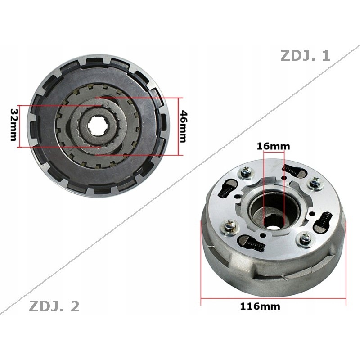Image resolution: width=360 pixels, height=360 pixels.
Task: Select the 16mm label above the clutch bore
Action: click(x=273, y=146)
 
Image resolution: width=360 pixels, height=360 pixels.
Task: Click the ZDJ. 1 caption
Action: click(x=305, y=55)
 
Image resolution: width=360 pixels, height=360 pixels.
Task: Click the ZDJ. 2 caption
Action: click(x=54, y=306)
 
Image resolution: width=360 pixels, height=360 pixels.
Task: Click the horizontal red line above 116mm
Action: click(x=273, y=298)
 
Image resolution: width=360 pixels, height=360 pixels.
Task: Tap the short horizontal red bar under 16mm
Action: click(x=273, y=153)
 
